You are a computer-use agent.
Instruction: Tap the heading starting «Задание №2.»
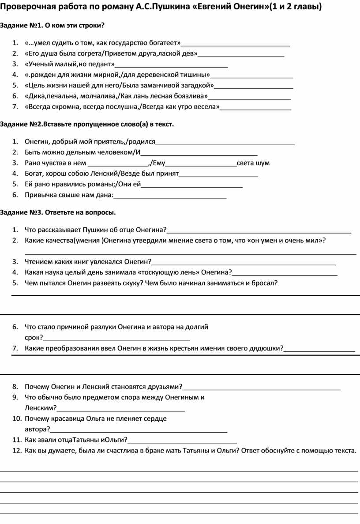click(87, 124)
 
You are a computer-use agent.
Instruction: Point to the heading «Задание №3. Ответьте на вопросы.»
click(58, 213)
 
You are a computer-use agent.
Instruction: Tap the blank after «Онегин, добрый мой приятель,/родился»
click(225, 142)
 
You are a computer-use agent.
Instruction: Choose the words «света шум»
click(253, 163)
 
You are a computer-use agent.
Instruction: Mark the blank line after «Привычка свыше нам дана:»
click(170, 196)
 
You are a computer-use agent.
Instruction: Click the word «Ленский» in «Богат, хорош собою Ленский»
click(105, 174)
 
